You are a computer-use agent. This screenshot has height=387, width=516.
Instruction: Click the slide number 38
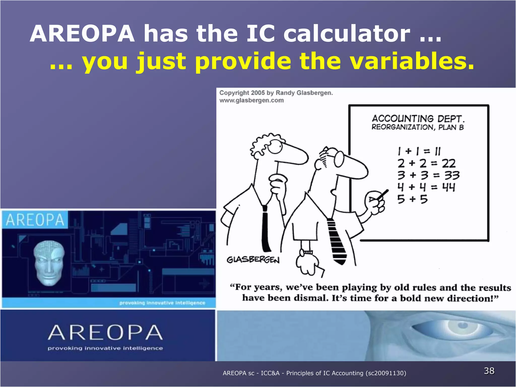(x=489, y=371)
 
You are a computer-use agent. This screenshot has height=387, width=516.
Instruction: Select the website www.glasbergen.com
(x=251, y=101)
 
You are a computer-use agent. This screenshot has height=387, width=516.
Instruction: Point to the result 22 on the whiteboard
(x=448, y=164)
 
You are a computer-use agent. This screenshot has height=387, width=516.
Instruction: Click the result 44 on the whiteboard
(x=448, y=187)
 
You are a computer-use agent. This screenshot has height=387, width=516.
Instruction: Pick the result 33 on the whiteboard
(x=451, y=175)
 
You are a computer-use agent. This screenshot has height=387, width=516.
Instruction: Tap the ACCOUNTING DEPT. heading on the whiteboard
(x=418, y=118)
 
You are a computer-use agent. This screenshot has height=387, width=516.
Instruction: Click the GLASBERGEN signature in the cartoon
(x=253, y=260)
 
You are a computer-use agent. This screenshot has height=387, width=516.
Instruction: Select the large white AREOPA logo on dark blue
(x=105, y=333)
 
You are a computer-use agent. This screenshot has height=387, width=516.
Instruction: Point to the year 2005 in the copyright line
(x=258, y=93)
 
